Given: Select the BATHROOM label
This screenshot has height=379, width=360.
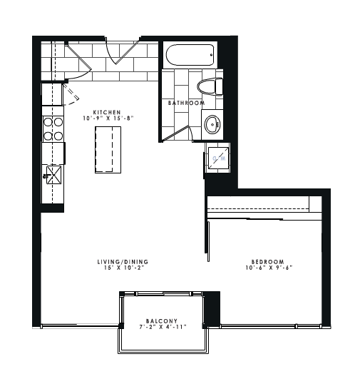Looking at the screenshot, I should [186, 103].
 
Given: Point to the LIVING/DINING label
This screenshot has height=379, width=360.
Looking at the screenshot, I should [123, 262].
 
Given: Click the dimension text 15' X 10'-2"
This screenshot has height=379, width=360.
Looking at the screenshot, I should [123, 268].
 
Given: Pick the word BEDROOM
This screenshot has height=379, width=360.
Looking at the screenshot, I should [269, 262].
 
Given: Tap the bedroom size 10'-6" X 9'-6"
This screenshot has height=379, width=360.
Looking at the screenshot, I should [269, 268].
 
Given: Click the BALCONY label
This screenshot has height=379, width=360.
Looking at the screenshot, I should [162, 320].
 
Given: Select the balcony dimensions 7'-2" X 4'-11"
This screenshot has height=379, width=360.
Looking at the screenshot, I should [162, 327].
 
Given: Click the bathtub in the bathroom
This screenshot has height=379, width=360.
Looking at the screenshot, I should [190, 54].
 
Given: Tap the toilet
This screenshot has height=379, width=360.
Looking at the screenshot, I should [209, 87].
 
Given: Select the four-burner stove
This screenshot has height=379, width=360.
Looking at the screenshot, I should [52, 128].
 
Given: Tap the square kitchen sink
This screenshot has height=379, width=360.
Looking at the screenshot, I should [52, 174].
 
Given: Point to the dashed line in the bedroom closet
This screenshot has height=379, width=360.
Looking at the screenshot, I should [258, 209].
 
